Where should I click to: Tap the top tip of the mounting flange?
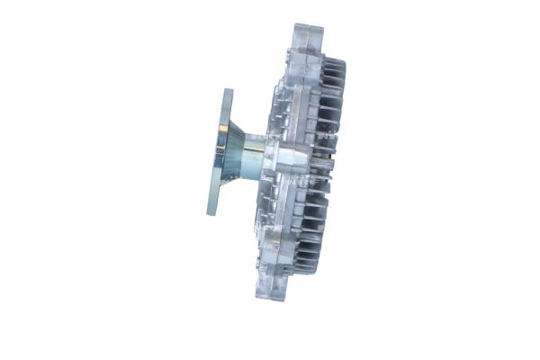pyautogui.click(x=225, y=91)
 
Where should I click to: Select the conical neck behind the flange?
pyautogui.click(x=235, y=150)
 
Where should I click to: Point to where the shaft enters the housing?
pyautogui.click(x=266, y=155)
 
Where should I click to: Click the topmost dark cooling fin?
pyautogui.click(x=334, y=65)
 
